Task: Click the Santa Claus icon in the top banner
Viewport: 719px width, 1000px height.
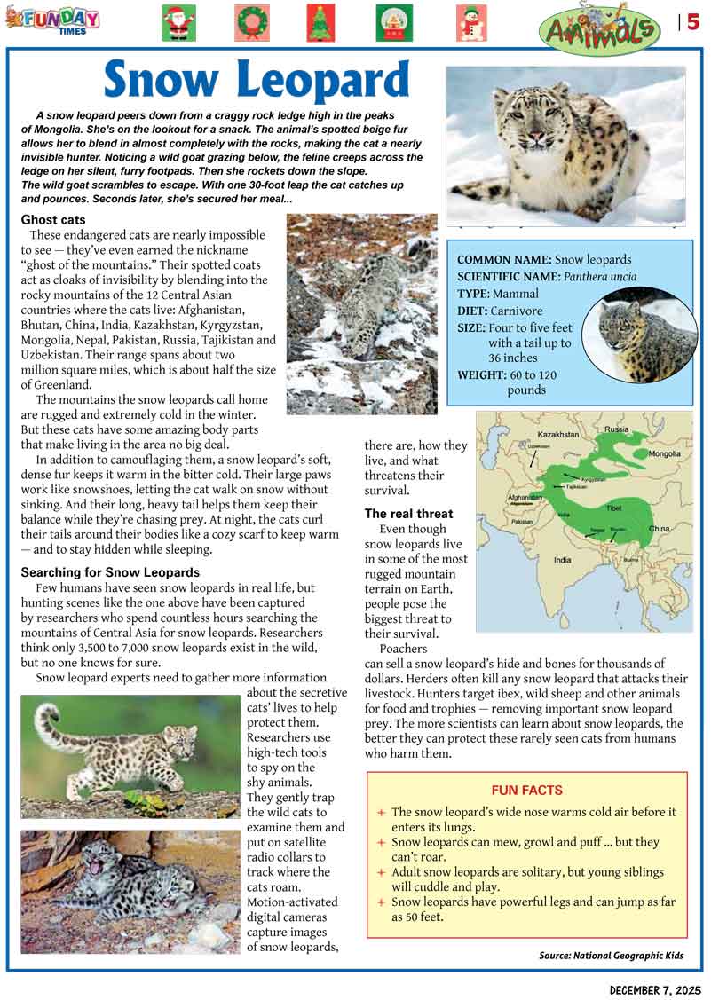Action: click(x=178, y=23)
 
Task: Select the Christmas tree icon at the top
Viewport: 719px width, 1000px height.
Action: click(x=320, y=23)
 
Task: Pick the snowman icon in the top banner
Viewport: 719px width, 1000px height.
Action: click(x=471, y=23)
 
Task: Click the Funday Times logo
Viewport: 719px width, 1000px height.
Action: click(x=54, y=19)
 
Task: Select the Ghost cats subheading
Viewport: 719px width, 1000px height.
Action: click(x=53, y=219)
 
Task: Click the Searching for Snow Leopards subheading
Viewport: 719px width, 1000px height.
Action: click(x=110, y=572)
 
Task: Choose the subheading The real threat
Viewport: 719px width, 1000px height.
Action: click(x=408, y=514)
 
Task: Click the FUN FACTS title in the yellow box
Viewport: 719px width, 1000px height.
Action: click(x=527, y=791)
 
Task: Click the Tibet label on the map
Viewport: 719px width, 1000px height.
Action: click(x=613, y=508)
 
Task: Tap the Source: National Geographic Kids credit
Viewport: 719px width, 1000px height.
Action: click(x=612, y=956)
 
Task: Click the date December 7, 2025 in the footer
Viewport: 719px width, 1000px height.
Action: click(x=655, y=988)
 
